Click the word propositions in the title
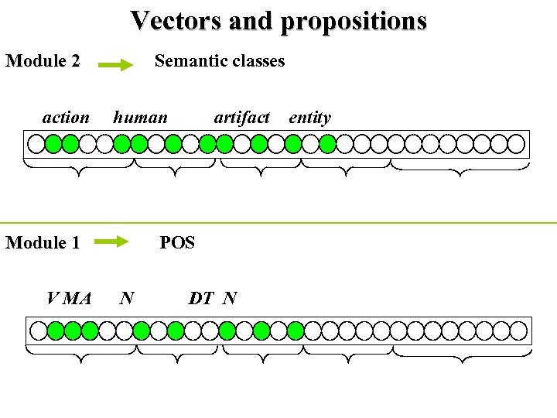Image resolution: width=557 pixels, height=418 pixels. point(354,21)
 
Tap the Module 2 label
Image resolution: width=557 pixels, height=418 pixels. point(43,61)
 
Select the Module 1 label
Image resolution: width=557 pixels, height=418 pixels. point(43,243)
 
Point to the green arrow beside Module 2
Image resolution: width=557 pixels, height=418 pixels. point(116,67)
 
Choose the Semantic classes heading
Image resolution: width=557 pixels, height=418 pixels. point(220,60)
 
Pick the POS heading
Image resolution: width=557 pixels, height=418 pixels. point(177,243)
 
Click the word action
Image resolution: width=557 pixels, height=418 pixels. point(66,118)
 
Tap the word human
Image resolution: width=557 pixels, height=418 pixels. point(140,118)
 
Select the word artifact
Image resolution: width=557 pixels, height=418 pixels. point(241,118)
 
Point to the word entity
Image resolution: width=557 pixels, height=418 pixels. point(309,118)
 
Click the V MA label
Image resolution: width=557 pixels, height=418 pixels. point(70,298)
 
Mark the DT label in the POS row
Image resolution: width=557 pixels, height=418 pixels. point(201,298)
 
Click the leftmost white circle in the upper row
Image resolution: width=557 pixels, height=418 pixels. point(36,143)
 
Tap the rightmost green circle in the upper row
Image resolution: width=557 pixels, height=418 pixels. point(328,143)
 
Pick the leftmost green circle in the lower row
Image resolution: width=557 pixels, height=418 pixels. point(56,331)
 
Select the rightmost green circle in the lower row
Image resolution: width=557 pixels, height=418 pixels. point(296,331)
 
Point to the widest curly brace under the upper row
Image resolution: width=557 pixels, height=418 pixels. point(461,166)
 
